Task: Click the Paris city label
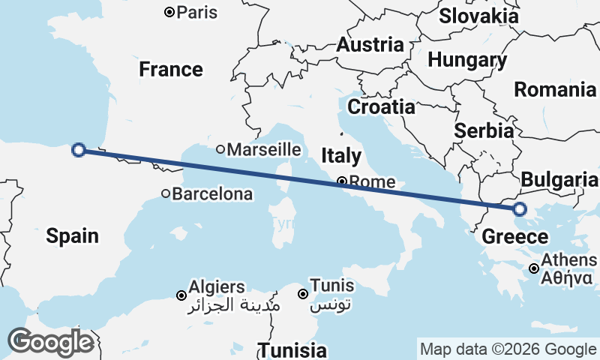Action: [197, 12]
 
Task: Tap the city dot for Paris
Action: [170, 12]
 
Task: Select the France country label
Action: [171, 70]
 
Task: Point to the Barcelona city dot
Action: [166, 193]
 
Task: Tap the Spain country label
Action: [72, 235]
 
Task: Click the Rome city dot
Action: [341, 181]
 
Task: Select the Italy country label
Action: [341, 156]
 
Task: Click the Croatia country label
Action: [382, 106]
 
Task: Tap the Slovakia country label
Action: [478, 16]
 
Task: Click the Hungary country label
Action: [466, 60]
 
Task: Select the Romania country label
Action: [555, 90]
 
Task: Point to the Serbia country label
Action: [484, 130]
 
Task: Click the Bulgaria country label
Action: [559, 180]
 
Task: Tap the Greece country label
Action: [514, 237]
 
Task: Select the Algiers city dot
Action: [181, 295]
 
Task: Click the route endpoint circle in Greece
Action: [519, 209]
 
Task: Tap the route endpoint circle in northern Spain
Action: [78, 150]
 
